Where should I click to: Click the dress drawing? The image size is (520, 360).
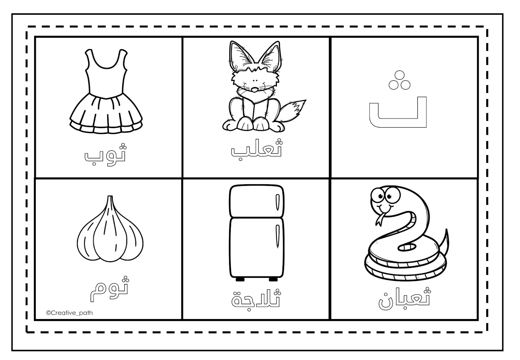[x=106, y=91]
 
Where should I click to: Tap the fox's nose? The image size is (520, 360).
[x=255, y=89]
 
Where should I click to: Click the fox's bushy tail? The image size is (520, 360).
[x=293, y=110]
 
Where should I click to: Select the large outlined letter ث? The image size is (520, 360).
[x=398, y=99]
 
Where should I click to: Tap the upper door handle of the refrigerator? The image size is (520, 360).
[x=278, y=202]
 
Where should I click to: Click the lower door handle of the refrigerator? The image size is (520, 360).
[x=278, y=236]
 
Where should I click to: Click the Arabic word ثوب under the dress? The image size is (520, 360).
[x=105, y=154]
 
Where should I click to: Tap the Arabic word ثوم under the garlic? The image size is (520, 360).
[x=109, y=289]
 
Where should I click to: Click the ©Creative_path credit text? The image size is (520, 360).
[x=70, y=313]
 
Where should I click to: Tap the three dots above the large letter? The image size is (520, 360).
[x=399, y=80]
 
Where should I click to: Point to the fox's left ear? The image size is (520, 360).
[x=240, y=55]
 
